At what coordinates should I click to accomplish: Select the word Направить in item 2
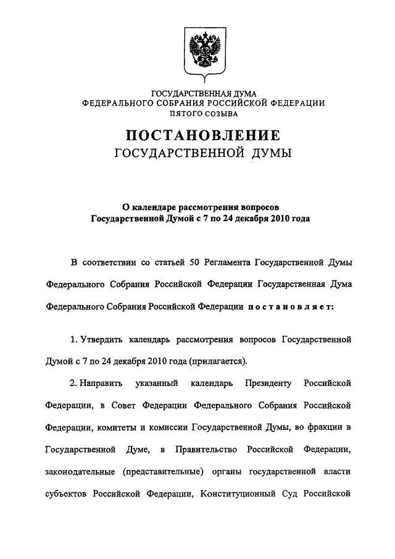[102, 384]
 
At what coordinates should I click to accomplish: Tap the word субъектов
[68, 494]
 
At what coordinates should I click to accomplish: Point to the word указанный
[157, 384]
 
